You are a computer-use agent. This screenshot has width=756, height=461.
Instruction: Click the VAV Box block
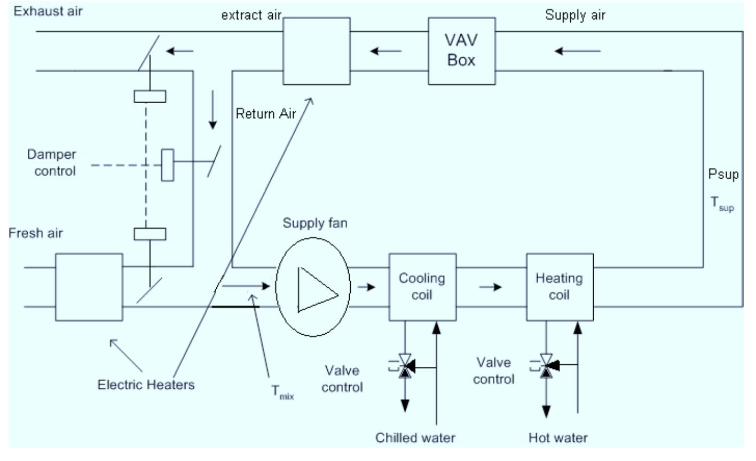pyautogui.click(x=461, y=51)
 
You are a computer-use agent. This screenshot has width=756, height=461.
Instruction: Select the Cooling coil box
pyautogui.click(x=422, y=287)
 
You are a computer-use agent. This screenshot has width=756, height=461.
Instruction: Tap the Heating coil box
pyautogui.click(x=560, y=287)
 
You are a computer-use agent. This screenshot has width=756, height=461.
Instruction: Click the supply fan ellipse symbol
pyautogui.click(x=313, y=287)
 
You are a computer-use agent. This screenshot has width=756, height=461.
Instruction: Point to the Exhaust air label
pyautogui.click(x=48, y=11)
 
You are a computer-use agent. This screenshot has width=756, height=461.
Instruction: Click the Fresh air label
pyautogui.click(x=36, y=233)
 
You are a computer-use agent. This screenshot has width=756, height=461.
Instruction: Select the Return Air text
pyautogui.click(x=265, y=113)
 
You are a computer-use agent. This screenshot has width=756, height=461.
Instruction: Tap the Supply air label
pyautogui.click(x=575, y=15)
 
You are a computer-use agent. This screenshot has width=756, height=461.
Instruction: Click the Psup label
pyautogui.click(x=723, y=175)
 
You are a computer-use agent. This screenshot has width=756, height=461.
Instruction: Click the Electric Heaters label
pyautogui.click(x=146, y=385)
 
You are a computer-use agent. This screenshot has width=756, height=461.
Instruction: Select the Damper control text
pyautogui.click(x=52, y=163)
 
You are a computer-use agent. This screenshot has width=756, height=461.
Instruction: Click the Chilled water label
pyautogui.click(x=415, y=437)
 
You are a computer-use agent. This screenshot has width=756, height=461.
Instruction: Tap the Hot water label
pyautogui.click(x=558, y=437)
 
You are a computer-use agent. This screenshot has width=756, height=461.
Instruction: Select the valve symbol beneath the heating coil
pyautogui.click(x=546, y=366)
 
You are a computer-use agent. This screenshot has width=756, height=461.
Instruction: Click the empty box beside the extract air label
pyautogui.click(x=316, y=51)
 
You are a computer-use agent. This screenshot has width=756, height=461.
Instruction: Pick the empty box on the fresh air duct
pyautogui.click(x=89, y=287)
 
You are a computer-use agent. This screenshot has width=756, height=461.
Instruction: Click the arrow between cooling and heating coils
pyautogui.click(x=490, y=287)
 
